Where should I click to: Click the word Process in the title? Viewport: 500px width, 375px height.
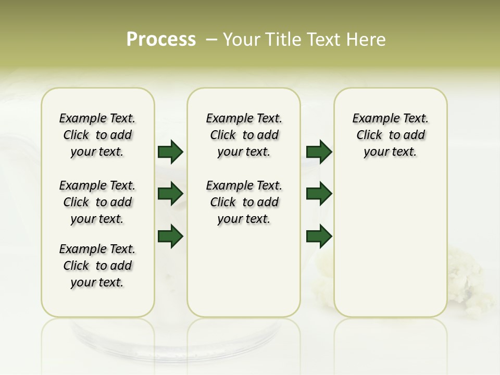(161, 40)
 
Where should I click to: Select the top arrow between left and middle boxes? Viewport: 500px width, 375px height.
(170, 152)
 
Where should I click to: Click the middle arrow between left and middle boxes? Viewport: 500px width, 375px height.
(170, 194)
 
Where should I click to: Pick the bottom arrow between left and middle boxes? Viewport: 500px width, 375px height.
(170, 236)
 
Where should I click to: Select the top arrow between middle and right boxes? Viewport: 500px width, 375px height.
(319, 152)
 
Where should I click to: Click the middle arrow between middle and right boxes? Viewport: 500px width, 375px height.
(319, 194)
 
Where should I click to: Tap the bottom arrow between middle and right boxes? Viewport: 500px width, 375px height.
(319, 236)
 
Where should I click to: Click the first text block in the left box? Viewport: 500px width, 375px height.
(97, 135)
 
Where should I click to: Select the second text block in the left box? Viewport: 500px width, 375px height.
(97, 202)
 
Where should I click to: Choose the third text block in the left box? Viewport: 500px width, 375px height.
(97, 266)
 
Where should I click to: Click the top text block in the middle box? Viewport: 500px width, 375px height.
(244, 135)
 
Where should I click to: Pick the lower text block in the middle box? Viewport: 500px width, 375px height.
(244, 202)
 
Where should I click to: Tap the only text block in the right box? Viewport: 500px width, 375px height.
(390, 135)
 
